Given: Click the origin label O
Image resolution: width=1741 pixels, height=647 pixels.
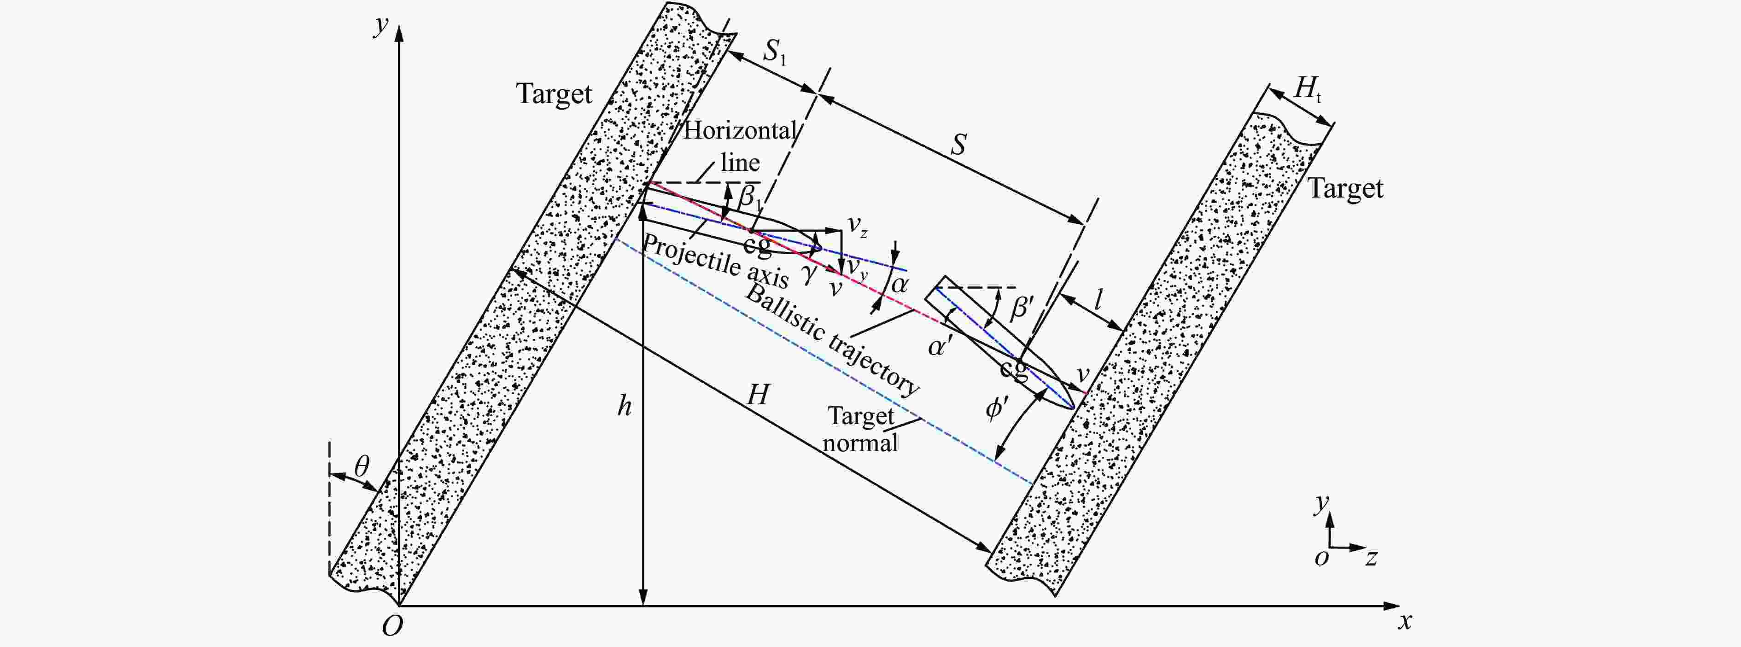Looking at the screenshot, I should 392,626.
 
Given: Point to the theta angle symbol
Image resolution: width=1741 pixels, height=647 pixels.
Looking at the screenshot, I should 362,466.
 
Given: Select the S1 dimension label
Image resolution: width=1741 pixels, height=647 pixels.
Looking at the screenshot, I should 775,52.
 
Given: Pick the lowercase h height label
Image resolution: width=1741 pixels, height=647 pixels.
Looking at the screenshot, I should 625,406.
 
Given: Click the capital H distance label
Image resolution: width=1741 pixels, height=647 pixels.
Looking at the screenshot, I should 758,395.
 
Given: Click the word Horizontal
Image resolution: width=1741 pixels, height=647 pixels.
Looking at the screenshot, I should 740,130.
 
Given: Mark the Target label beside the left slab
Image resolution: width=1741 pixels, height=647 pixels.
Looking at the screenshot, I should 554,94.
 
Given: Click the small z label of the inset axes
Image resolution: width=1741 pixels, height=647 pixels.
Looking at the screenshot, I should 1371,559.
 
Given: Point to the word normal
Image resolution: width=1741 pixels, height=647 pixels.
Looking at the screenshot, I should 860,443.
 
